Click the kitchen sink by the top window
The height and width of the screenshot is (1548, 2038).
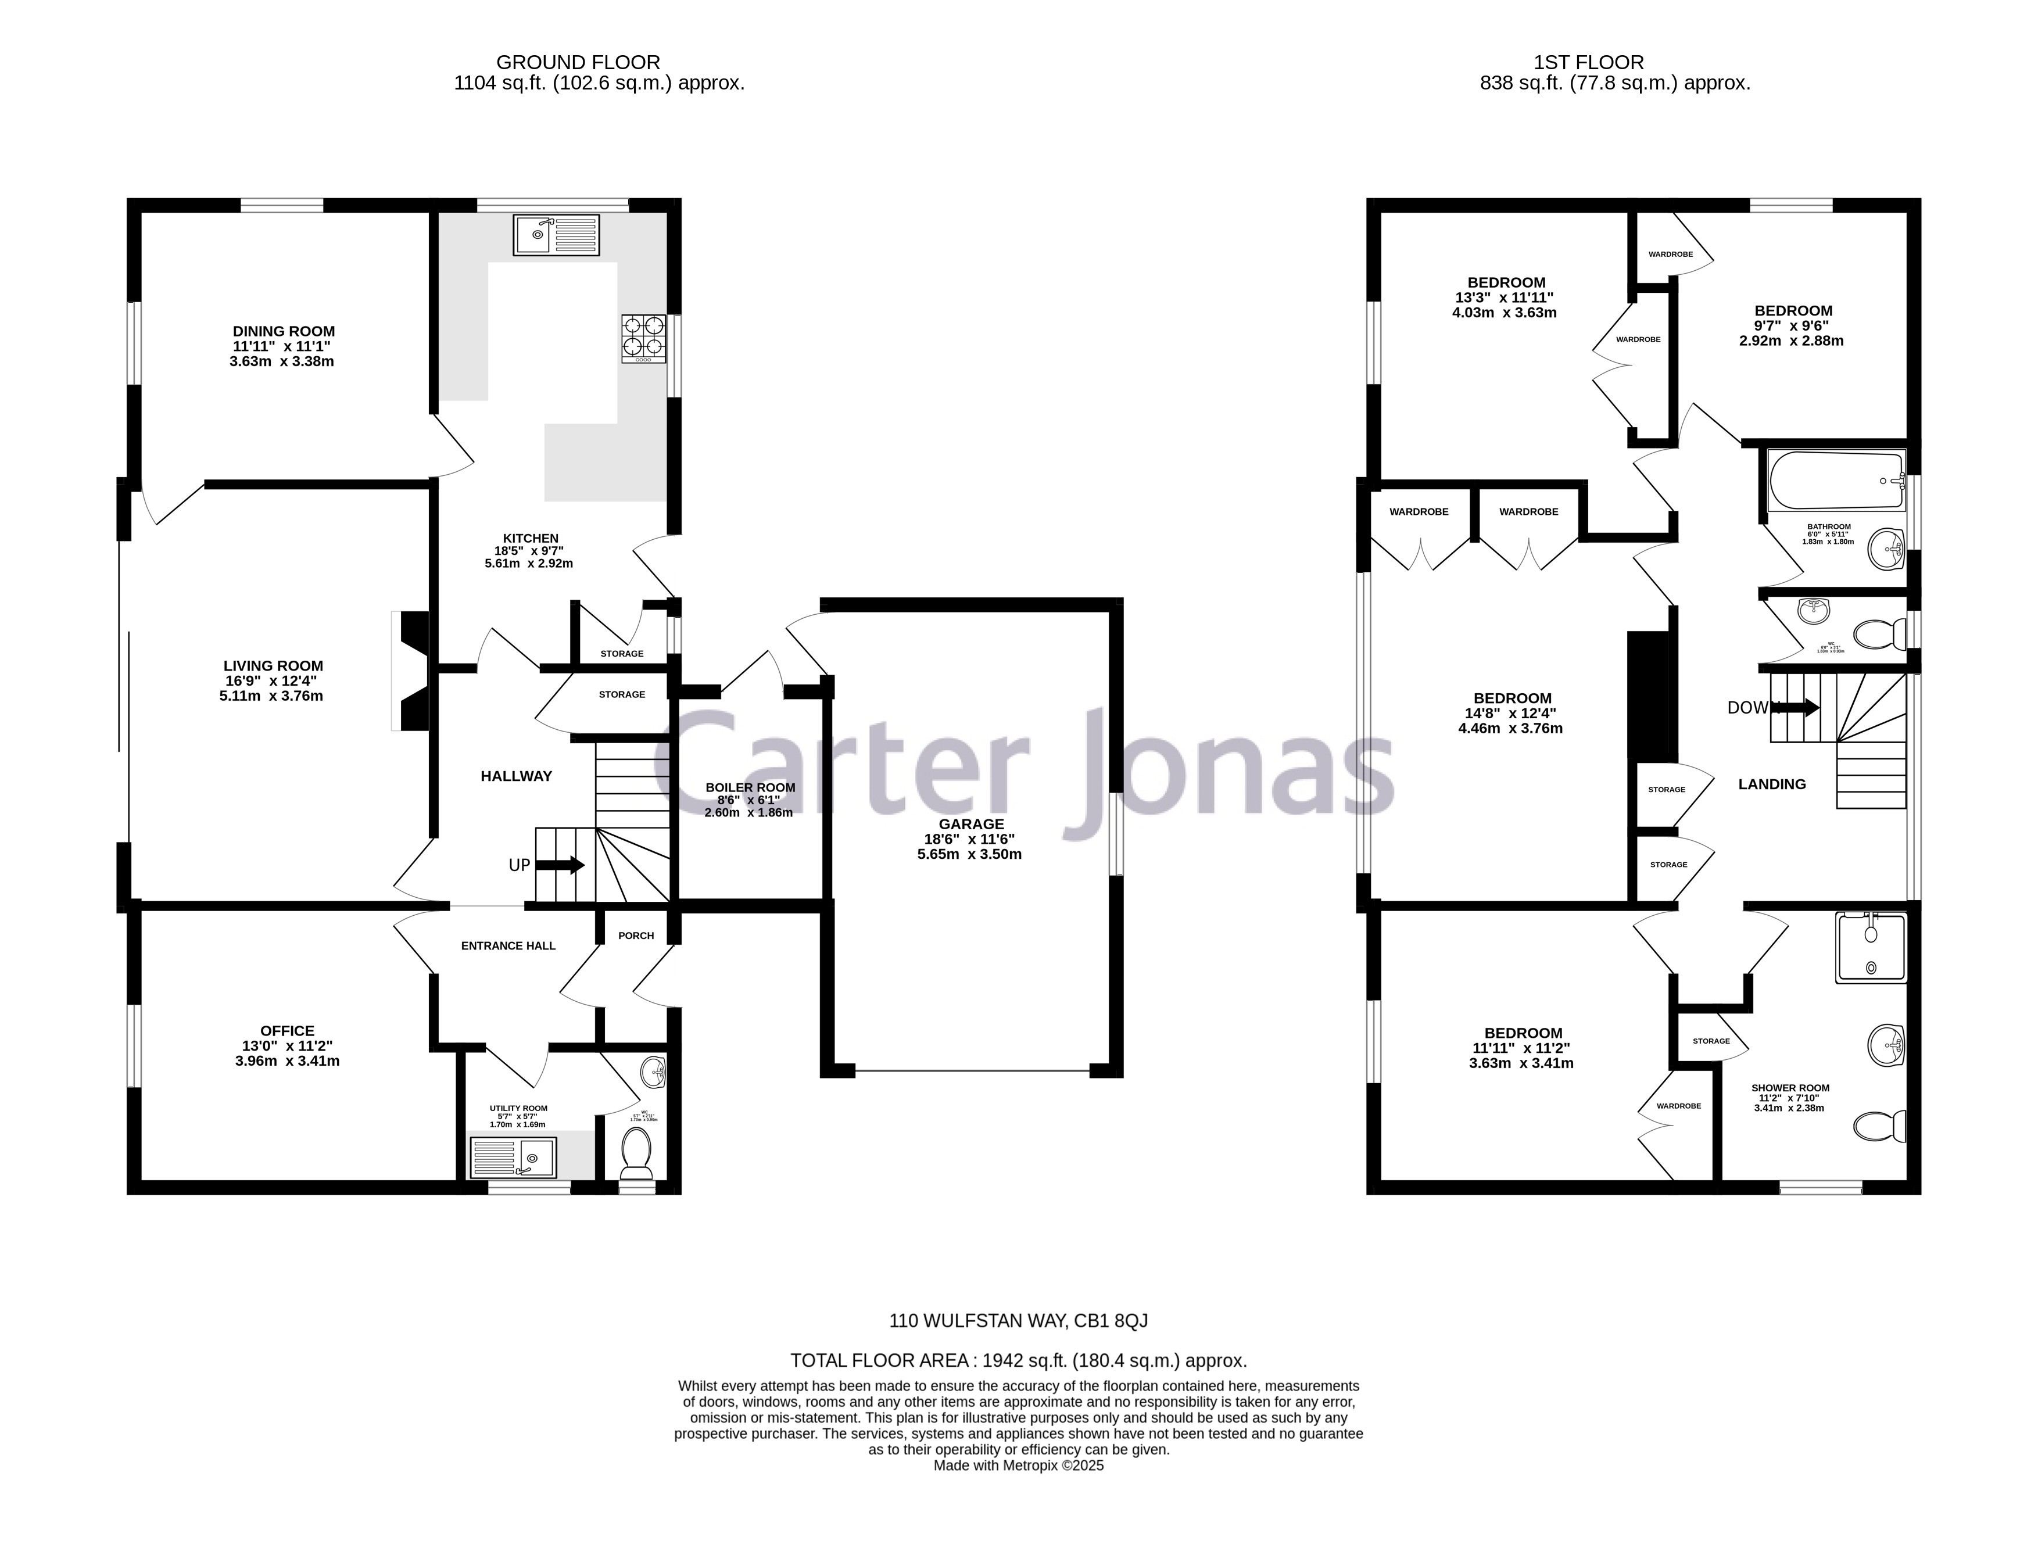557,234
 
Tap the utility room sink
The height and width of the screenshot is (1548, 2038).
513,1158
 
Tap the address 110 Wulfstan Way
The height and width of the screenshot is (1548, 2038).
1018,1320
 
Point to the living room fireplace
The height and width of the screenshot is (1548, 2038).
410,671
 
